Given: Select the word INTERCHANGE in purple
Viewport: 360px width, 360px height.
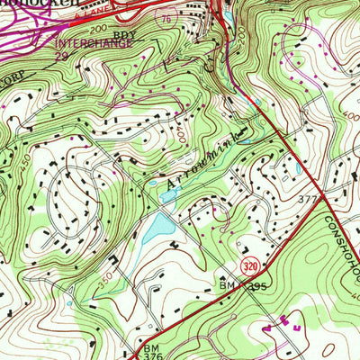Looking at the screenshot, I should pyautogui.click(x=87, y=42).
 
